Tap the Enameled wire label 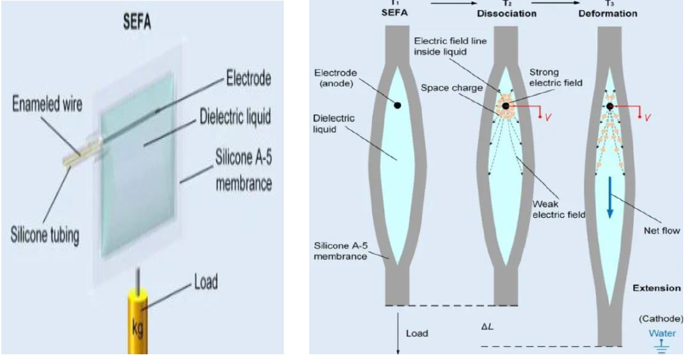click(47, 104)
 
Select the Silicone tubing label click(45, 235)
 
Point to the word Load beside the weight click(206, 283)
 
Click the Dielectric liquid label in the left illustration click(236, 117)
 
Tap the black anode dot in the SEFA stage click(397, 105)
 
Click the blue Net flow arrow click(610, 197)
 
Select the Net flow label click(662, 230)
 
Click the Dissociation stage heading click(507, 13)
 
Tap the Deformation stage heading click(608, 13)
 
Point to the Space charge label click(451, 88)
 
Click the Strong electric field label click(556, 77)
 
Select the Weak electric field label click(559, 210)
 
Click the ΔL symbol click(487, 327)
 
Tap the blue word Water click(662, 333)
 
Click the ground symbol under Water click(662, 347)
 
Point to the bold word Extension click(657, 288)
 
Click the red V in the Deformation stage click(647, 117)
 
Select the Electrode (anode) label click(336, 78)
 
